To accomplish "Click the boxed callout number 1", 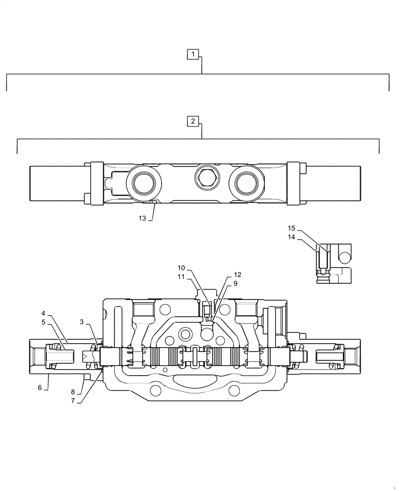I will (x=194, y=54).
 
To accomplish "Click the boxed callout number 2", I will (x=193, y=120).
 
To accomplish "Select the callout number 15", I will (x=291, y=228).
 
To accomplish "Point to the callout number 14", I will (x=291, y=237).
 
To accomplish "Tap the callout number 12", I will (x=237, y=274).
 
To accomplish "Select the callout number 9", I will (x=235, y=283).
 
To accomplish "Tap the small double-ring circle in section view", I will (x=186, y=335).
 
